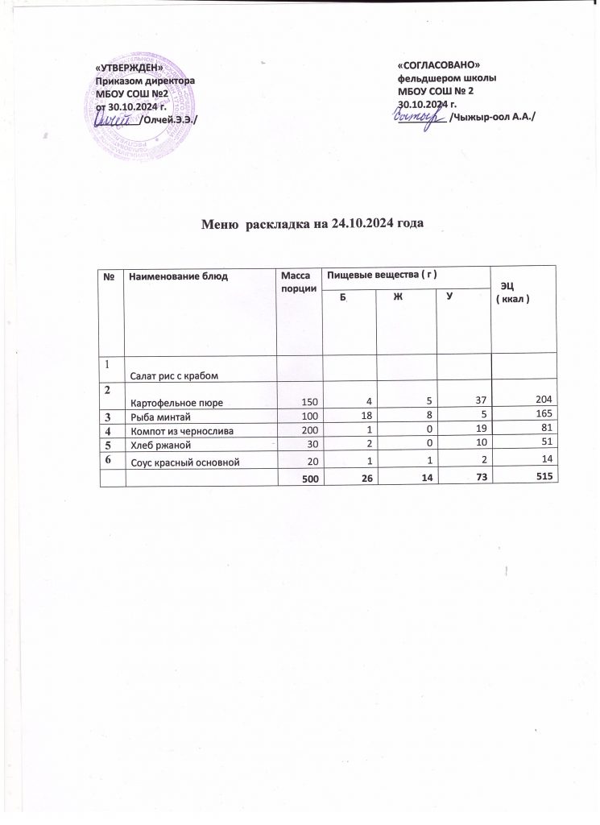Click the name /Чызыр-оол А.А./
pos(493,117)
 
